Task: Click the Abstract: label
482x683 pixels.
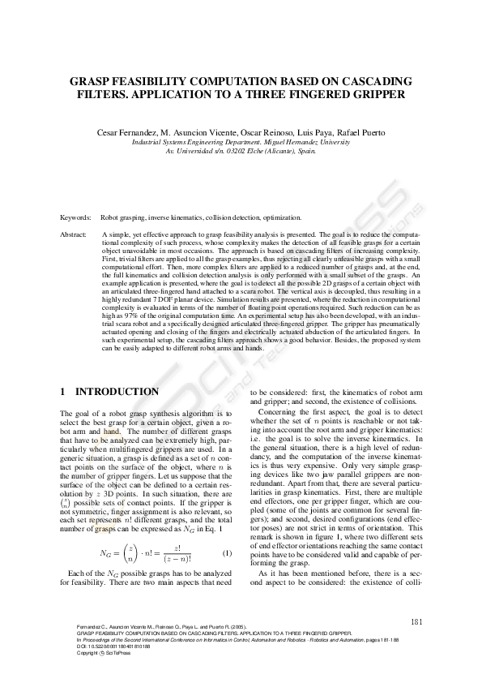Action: coord(75,234)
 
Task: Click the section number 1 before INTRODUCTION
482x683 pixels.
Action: coord(63,392)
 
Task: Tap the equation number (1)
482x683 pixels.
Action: coord(228,553)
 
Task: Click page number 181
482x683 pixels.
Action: coord(414,622)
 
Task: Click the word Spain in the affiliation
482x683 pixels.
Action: coord(305,151)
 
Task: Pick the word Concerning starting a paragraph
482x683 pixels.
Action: coord(275,412)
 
